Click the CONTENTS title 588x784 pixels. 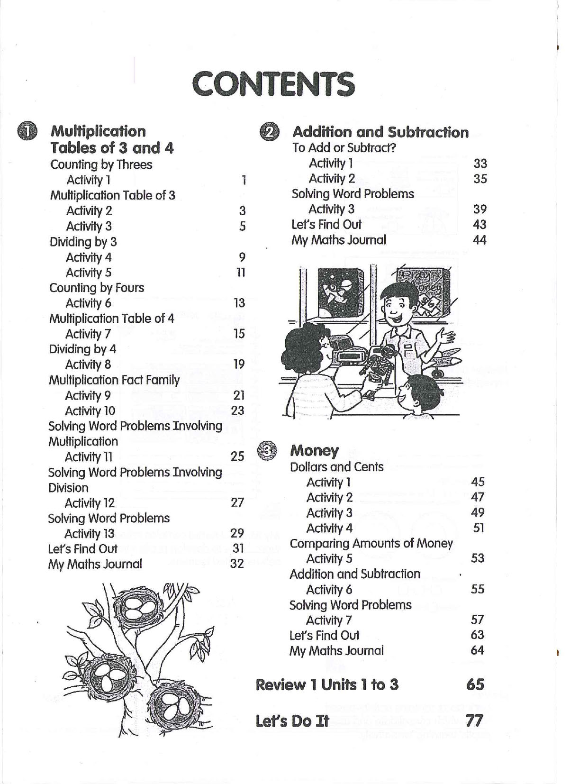[x=273, y=84]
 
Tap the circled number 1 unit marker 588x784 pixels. [x=27, y=131]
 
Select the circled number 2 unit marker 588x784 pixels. [x=269, y=132]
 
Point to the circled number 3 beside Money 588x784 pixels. [x=266, y=451]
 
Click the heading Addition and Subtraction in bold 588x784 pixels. [x=380, y=132]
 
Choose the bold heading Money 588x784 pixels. [x=314, y=450]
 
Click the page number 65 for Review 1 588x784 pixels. [x=475, y=684]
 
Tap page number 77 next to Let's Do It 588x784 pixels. [x=474, y=720]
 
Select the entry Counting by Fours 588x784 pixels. [x=97, y=288]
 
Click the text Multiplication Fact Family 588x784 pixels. [x=114, y=380]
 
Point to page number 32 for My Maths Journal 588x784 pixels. [x=237, y=564]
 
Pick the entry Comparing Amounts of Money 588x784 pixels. [x=371, y=543]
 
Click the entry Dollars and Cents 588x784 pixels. [x=336, y=467]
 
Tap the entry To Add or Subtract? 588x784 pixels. [x=344, y=148]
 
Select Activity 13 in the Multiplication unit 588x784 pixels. [x=89, y=534]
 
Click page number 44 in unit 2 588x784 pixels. [x=479, y=240]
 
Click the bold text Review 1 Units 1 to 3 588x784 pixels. [x=327, y=684]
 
